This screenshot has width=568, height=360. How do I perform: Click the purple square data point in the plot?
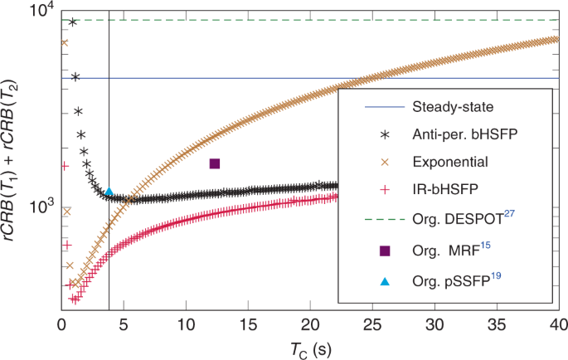215,163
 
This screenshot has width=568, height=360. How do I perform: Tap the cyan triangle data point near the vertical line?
109,192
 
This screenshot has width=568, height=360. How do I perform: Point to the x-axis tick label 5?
124,324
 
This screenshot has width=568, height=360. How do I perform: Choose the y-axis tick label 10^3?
41,207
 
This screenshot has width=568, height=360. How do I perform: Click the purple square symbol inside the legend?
384,251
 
